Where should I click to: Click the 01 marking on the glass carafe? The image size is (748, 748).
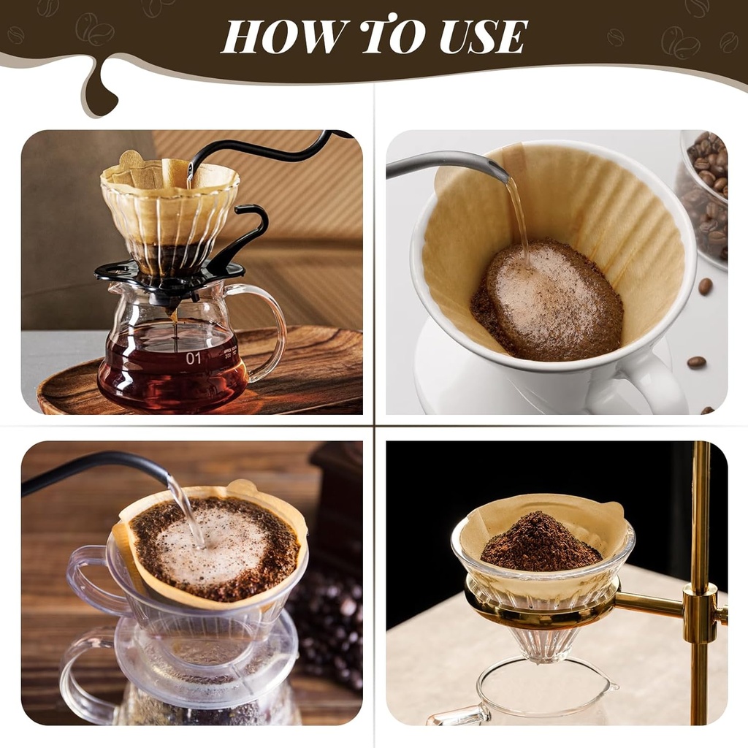[193, 358]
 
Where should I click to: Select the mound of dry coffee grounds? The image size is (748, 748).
[541, 541]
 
